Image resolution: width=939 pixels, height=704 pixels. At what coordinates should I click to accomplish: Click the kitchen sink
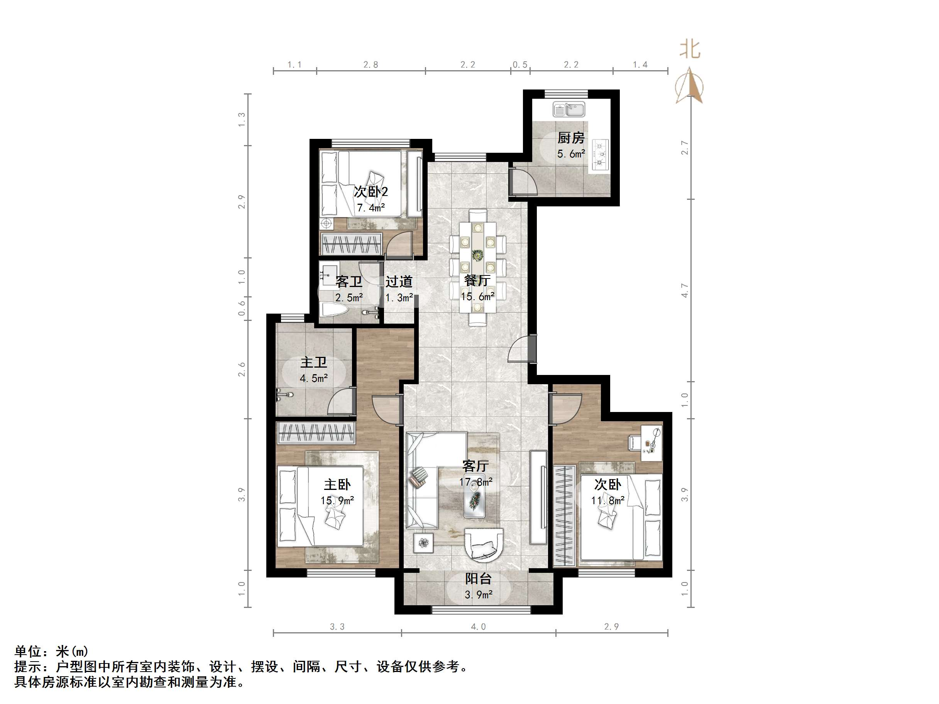click(569, 110)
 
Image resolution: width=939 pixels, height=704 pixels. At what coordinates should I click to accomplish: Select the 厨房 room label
click(570, 138)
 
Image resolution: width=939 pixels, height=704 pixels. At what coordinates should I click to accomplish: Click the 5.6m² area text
click(570, 154)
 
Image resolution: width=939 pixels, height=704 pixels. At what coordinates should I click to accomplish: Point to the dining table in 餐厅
click(477, 267)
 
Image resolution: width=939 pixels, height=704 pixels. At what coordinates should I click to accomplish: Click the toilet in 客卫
click(334, 309)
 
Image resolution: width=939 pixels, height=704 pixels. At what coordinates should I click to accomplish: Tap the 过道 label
click(399, 282)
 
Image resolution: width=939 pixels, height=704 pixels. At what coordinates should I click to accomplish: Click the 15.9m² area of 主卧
click(337, 501)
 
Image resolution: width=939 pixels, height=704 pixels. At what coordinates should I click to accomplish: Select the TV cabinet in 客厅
click(538, 497)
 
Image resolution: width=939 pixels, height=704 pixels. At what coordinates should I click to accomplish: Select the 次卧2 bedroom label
click(371, 192)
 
